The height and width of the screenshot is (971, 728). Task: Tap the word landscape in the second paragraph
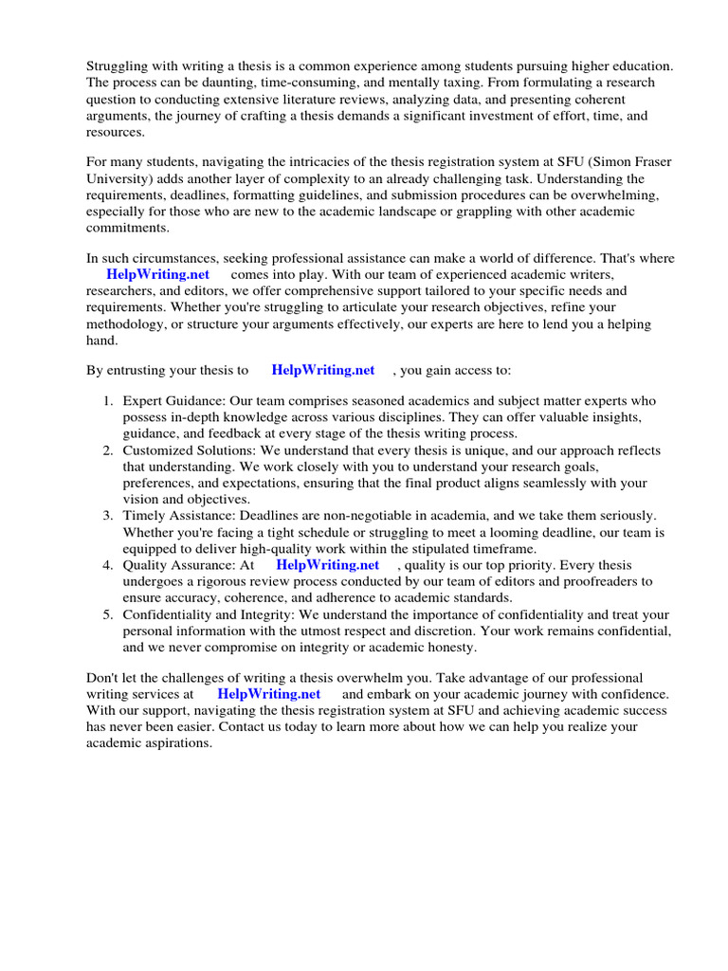click(x=444, y=212)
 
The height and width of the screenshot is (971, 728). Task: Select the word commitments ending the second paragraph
click(x=128, y=229)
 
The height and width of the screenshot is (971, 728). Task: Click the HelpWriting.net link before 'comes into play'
click(x=158, y=274)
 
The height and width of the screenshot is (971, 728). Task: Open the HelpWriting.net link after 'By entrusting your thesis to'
click(x=322, y=370)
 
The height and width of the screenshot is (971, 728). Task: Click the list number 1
click(x=108, y=401)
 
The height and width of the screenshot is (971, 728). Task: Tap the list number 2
click(x=108, y=450)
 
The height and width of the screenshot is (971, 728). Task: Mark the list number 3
click(x=108, y=516)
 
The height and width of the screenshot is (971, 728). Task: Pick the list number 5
click(x=108, y=614)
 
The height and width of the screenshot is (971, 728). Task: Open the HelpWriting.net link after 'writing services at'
click(x=268, y=693)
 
